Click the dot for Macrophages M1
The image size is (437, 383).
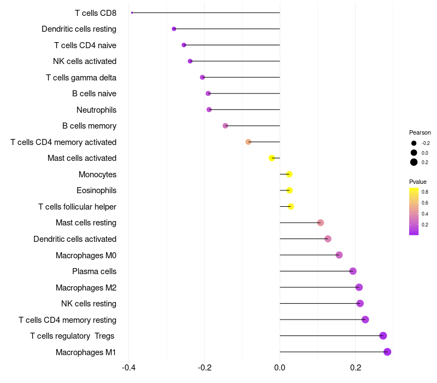tap(387, 352)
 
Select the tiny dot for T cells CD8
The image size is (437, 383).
tap(132, 13)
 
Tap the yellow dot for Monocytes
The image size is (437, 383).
tap(290, 174)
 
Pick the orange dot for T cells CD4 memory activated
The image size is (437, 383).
tap(249, 142)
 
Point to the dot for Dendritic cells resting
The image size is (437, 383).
tap(174, 29)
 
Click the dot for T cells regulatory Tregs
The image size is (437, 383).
tap(383, 336)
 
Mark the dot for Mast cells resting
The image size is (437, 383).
tap(321, 223)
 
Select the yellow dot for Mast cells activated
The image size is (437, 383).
tap(272, 158)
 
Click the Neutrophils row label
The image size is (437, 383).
tap(96, 110)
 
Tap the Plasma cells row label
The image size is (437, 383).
tap(94, 271)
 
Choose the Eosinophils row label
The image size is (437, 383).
tap(96, 190)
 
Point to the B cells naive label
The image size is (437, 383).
tap(94, 94)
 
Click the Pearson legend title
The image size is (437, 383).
tap(420, 132)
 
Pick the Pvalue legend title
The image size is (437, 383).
tap(418, 182)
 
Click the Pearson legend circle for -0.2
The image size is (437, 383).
tap(414, 143)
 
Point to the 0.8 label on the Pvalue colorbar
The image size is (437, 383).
tap(425, 192)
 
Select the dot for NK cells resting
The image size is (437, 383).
tap(360, 304)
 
